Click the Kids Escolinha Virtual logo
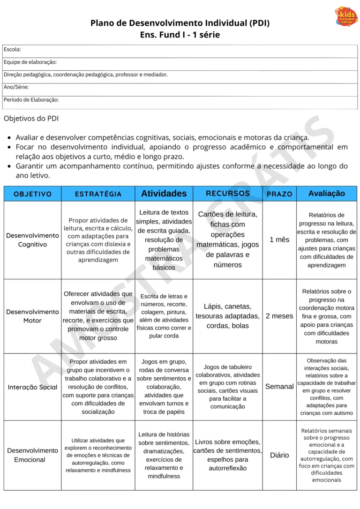coord(346,16)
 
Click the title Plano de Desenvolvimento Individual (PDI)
coord(180,23)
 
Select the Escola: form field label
coord(12,50)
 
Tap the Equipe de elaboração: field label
coord(30,62)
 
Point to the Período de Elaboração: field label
coord(31,100)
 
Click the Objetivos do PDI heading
coord(31,119)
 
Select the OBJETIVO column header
coord(33,194)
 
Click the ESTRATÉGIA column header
coord(98,194)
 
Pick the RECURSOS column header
coord(228,194)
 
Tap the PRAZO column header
coord(279,194)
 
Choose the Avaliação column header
coord(327,194)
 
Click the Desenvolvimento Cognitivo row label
coord(33,240)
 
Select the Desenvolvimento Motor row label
coord(33,316)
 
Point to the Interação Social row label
coord(33,387)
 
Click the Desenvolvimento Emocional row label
coord(33,455)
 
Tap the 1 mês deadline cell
coord(279,240)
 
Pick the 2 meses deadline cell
coord(279,316)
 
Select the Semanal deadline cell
coord(279,387)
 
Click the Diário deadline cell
coord(279,455)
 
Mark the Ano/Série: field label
coord(16,87)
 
